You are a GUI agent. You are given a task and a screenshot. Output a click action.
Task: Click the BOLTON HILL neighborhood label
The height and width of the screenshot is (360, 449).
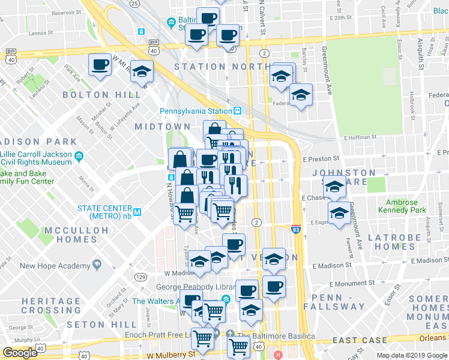click(x=95, y=95)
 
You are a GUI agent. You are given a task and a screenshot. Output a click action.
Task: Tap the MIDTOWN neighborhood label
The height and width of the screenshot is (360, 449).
click(x=162, y=127)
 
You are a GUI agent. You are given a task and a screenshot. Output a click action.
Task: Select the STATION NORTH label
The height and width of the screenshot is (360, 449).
click(x=213, y=66)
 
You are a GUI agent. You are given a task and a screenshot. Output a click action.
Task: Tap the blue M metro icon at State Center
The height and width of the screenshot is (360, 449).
click(x=137, y=212)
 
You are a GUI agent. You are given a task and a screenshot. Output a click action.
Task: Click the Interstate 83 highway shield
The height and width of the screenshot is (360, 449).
click(x=295, y=229)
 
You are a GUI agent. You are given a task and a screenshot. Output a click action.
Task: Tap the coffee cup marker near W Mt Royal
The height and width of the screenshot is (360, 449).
click(x=100, y=64)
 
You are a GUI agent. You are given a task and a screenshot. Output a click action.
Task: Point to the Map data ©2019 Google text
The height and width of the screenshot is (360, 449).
click(x=412, y=355)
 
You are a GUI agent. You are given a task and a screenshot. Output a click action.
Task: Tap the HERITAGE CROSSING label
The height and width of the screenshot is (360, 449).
click(x=51, y=305)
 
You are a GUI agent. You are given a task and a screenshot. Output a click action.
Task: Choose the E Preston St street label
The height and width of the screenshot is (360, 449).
click(x=321, y=159)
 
